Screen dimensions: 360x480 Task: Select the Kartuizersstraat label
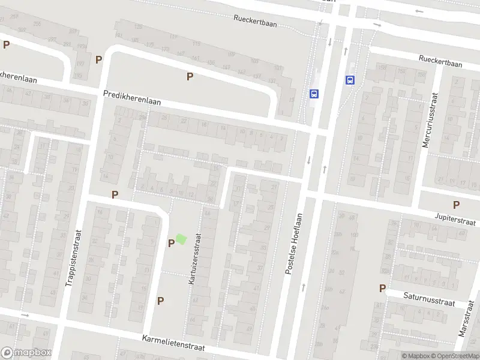(x=196, y=259)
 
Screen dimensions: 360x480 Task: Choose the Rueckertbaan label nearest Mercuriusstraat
(x=441, y=61)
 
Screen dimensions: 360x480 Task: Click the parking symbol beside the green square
(x=171, y=243)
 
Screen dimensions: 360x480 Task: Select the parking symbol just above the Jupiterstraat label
(x=456, y=205)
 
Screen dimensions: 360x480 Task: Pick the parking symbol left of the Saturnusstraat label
(x=382, y=289)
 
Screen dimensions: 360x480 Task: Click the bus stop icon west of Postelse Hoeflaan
(x=314, y=94)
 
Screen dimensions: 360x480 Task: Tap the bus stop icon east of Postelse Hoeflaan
(x=350, y=80)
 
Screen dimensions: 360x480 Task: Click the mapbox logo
(x=26, y=353)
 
